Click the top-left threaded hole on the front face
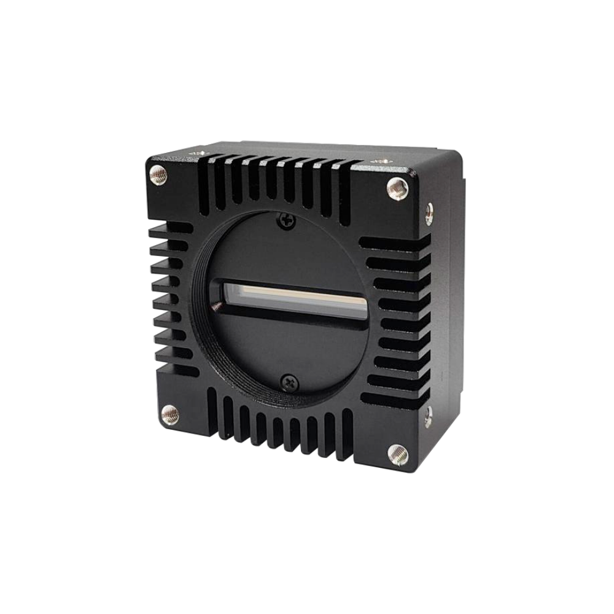coord(158,175)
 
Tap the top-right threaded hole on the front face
coord(397,188)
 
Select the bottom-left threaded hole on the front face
coord(170,414)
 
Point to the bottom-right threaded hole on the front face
coord(397,454)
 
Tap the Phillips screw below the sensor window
coord(290,382)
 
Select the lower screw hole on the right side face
coord(428,416)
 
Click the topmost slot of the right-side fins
coord(393,243)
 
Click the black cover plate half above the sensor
coord(289,252)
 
